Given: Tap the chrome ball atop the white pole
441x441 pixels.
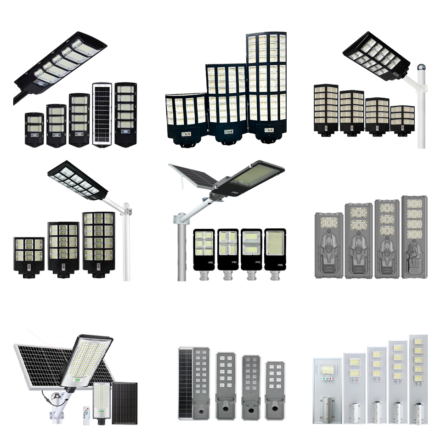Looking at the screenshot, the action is click(421, 68).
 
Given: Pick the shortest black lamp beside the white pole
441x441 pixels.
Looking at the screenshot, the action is click(402, 120).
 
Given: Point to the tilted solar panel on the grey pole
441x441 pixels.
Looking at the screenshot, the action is click(193, 177).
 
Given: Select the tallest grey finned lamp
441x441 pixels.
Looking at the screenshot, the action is click(414, 237).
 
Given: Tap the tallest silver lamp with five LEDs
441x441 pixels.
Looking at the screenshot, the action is click(418, 379).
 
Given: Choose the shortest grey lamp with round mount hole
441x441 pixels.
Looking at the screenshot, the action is click(275, 390).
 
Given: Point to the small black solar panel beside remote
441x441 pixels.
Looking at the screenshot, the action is click(124, 403).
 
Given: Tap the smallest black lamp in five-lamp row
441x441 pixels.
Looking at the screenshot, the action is click(34, 129).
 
